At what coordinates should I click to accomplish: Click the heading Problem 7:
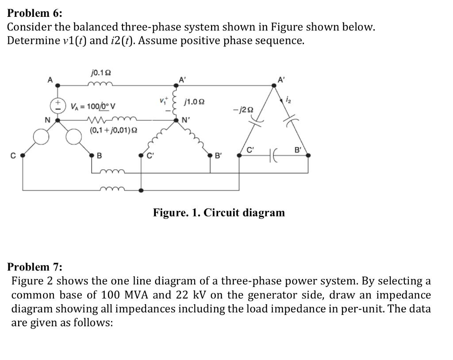tap(35, 267)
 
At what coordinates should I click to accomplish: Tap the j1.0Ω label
tap(196, 102)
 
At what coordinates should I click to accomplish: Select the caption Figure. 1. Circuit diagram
tap(219, 213)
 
